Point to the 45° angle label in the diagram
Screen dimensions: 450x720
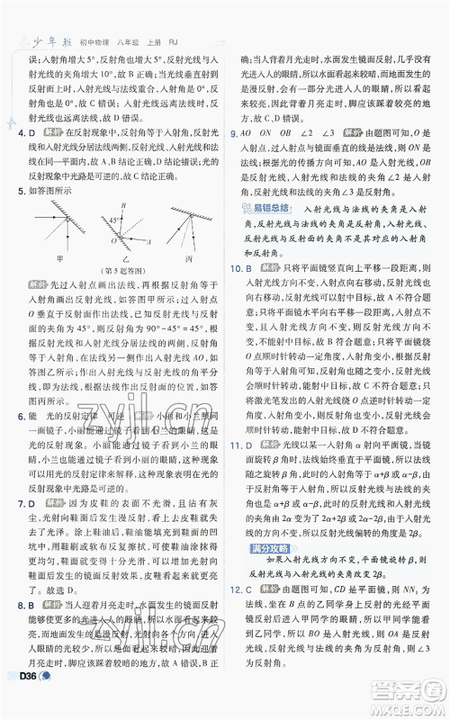pos(104,219)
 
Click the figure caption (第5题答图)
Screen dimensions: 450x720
pos(123,271)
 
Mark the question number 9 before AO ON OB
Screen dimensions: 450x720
pos(236,132)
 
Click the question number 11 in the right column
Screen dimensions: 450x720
pos(238,445)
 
